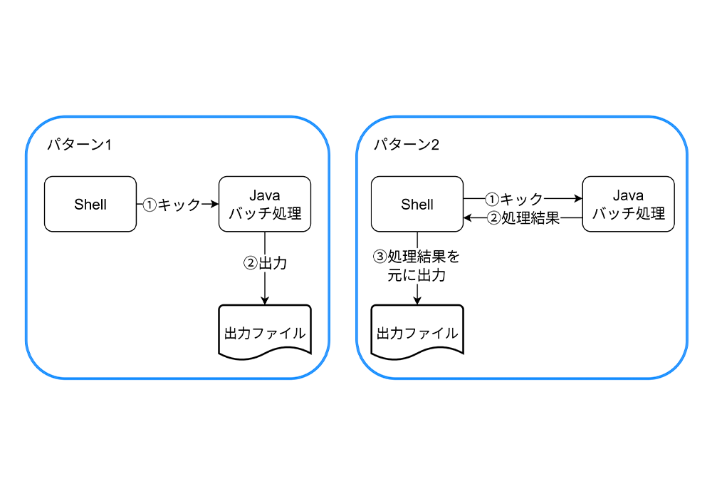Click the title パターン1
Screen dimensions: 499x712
tap(79, 145)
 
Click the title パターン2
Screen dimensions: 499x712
tap(407, 145)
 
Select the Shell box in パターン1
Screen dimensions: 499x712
tap(90, 205)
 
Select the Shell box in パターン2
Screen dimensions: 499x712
tap(417, 205)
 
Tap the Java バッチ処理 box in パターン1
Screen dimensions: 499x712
tap(265, 205)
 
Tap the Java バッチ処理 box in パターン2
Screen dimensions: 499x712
tap(628, 205)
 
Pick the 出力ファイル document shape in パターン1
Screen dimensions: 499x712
tap(265, 331)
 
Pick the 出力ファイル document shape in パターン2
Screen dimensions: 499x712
tap(417, 331)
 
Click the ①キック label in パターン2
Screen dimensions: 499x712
tap(514, 199)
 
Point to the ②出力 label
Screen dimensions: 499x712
tap(265, 262)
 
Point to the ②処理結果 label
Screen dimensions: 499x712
tap(523, 219)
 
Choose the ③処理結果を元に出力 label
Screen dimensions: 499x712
tap(417, 265)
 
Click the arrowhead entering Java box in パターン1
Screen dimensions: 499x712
tap(214, 205)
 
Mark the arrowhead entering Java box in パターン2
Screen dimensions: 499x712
tap(577, 199)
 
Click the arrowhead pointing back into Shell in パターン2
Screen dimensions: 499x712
tap(468, 219)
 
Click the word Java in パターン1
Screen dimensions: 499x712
tap(265, 196)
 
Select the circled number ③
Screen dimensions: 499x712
tap(380, 256)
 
